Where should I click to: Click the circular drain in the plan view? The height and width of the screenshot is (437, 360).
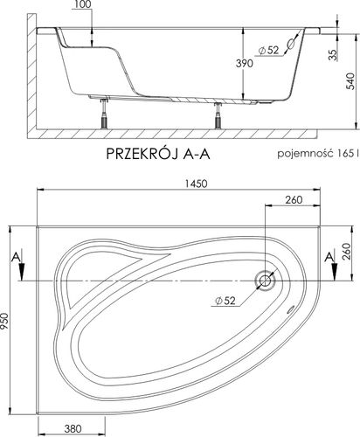[266, 281]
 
